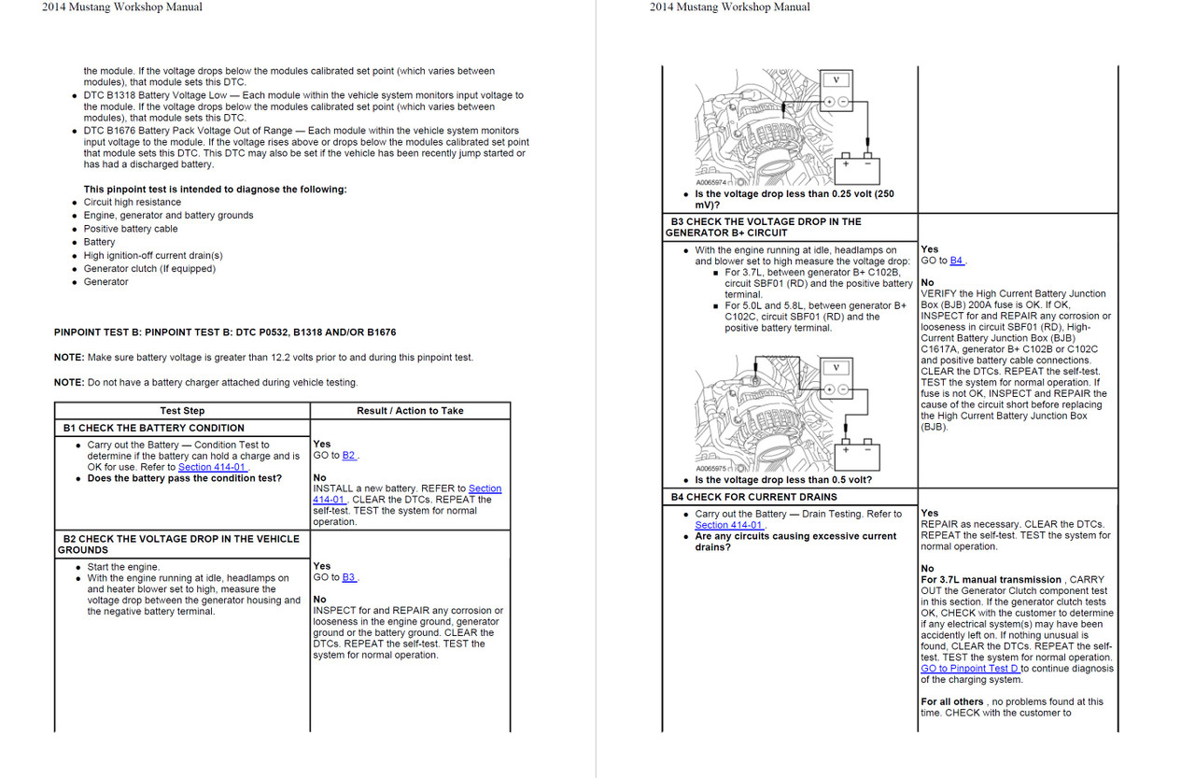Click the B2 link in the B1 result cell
point(348,456)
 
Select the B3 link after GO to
point(348,577)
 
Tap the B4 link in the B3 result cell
point(956,262)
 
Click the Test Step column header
point(182,411)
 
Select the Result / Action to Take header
point(410,411)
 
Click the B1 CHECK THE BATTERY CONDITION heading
point(154,428)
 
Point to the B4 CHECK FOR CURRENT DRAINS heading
point(753,497)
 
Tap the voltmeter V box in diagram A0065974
point(835,80)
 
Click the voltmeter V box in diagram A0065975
point(835,367)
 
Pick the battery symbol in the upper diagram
point(856,166)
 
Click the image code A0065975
point(714,469)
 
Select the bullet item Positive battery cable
point(131,229)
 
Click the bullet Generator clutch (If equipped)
point(149,269)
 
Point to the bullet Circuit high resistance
point(133,202)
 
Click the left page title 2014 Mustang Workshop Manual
point(121,7)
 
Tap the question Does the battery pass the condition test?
point(184,478)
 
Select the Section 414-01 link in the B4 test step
point(728,525)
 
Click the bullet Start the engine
point(123,567)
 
